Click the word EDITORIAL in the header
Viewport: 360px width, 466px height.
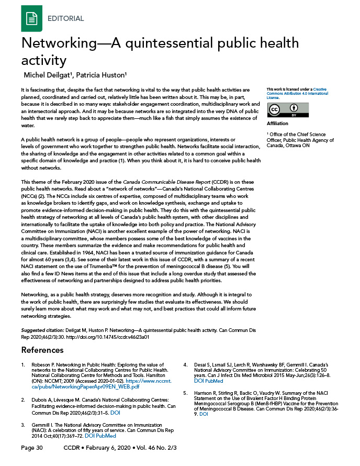tap(65, 18)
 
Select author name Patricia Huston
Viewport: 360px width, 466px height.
tap(106, 74)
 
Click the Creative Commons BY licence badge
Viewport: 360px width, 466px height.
tap(288, 110)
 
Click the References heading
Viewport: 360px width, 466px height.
tap(42, 350)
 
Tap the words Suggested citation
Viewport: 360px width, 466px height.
tap(42, 331)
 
